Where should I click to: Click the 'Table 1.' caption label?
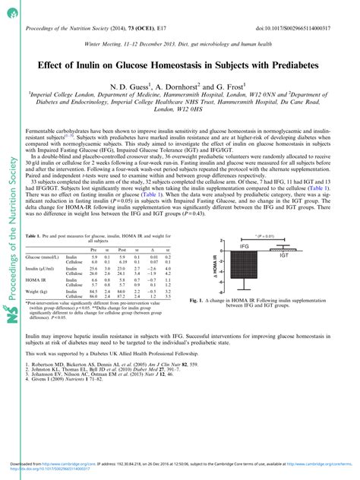pos(34,216)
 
